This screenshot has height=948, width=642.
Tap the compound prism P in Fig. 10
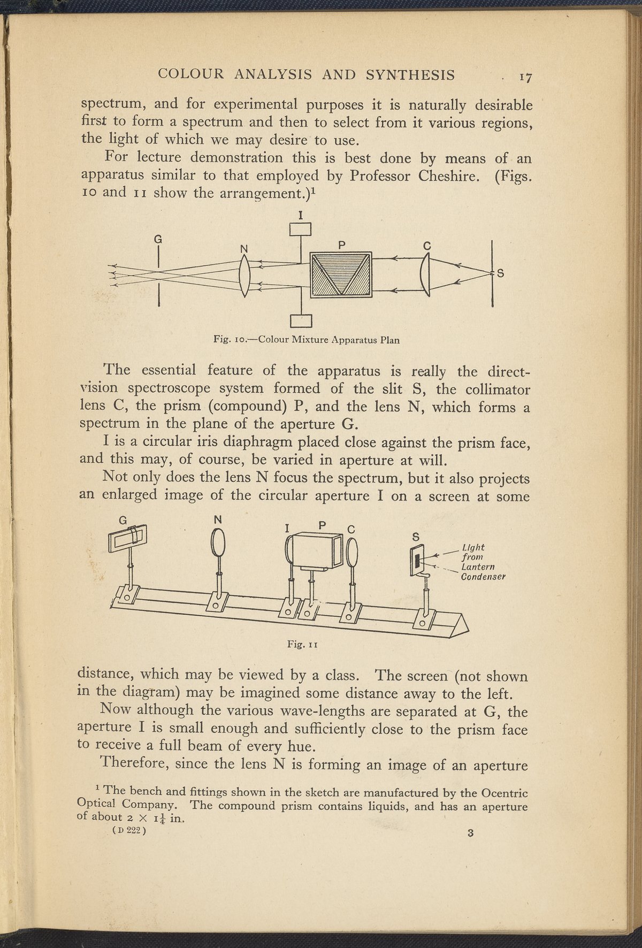click(341, 274)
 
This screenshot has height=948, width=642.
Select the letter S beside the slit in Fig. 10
click(501, 273)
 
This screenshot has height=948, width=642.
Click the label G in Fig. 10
click(158, 240)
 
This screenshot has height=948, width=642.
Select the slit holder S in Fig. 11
click(417, 560)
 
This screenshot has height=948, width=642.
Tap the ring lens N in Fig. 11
click(219, 543)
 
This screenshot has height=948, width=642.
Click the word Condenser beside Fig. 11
click(483, 577)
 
